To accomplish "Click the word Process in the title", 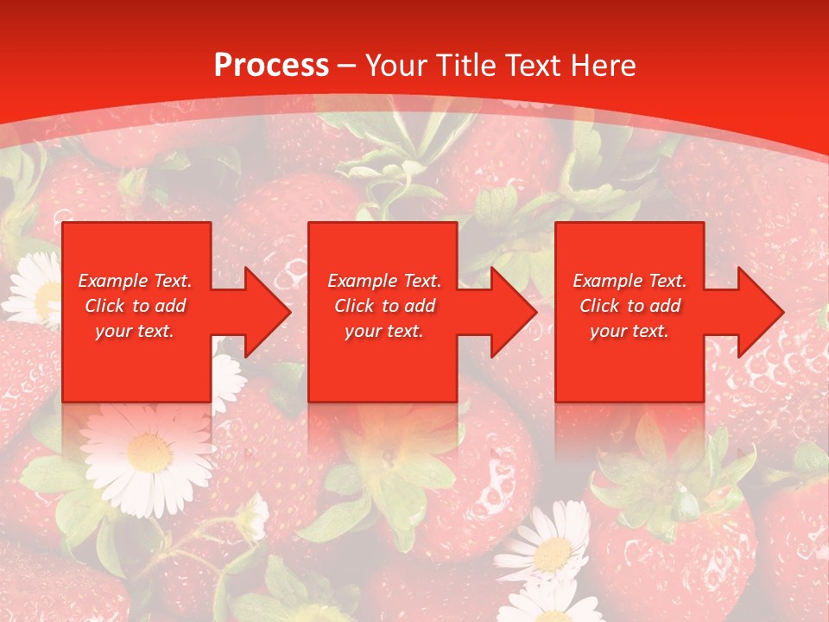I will point(271,66).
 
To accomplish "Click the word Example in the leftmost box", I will point(111,281).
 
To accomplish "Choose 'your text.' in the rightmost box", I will point(629,331).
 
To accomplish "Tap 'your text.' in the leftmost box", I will point(135,331).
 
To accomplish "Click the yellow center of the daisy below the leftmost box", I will point(149,451).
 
